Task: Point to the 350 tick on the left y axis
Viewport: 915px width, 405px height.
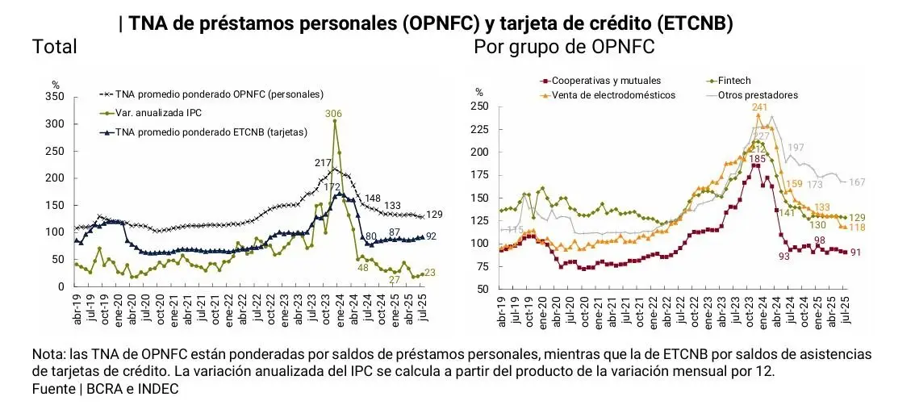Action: point(55,96)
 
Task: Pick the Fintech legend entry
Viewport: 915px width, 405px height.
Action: point(733,81)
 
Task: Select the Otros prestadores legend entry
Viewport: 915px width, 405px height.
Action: point(758,95)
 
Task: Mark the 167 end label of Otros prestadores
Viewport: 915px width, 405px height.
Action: point(856,182)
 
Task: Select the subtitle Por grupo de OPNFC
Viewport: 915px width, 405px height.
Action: point(564,47)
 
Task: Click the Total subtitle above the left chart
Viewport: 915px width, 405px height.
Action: point(54,47)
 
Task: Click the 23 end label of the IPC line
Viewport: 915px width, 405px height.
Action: point(429,273)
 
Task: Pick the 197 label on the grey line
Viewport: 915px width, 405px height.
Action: point(796,148)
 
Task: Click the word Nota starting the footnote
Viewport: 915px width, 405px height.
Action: point(47,355)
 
